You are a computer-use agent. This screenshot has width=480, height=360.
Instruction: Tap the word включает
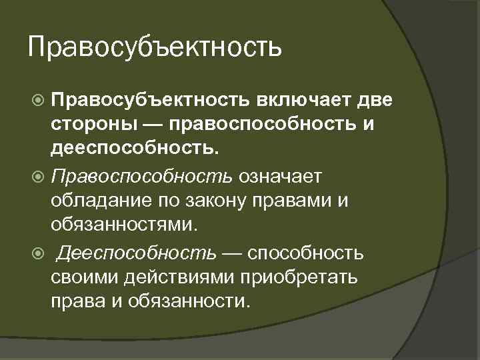[303, 100]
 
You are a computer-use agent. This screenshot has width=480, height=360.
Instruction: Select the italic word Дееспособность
[136, 253]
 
